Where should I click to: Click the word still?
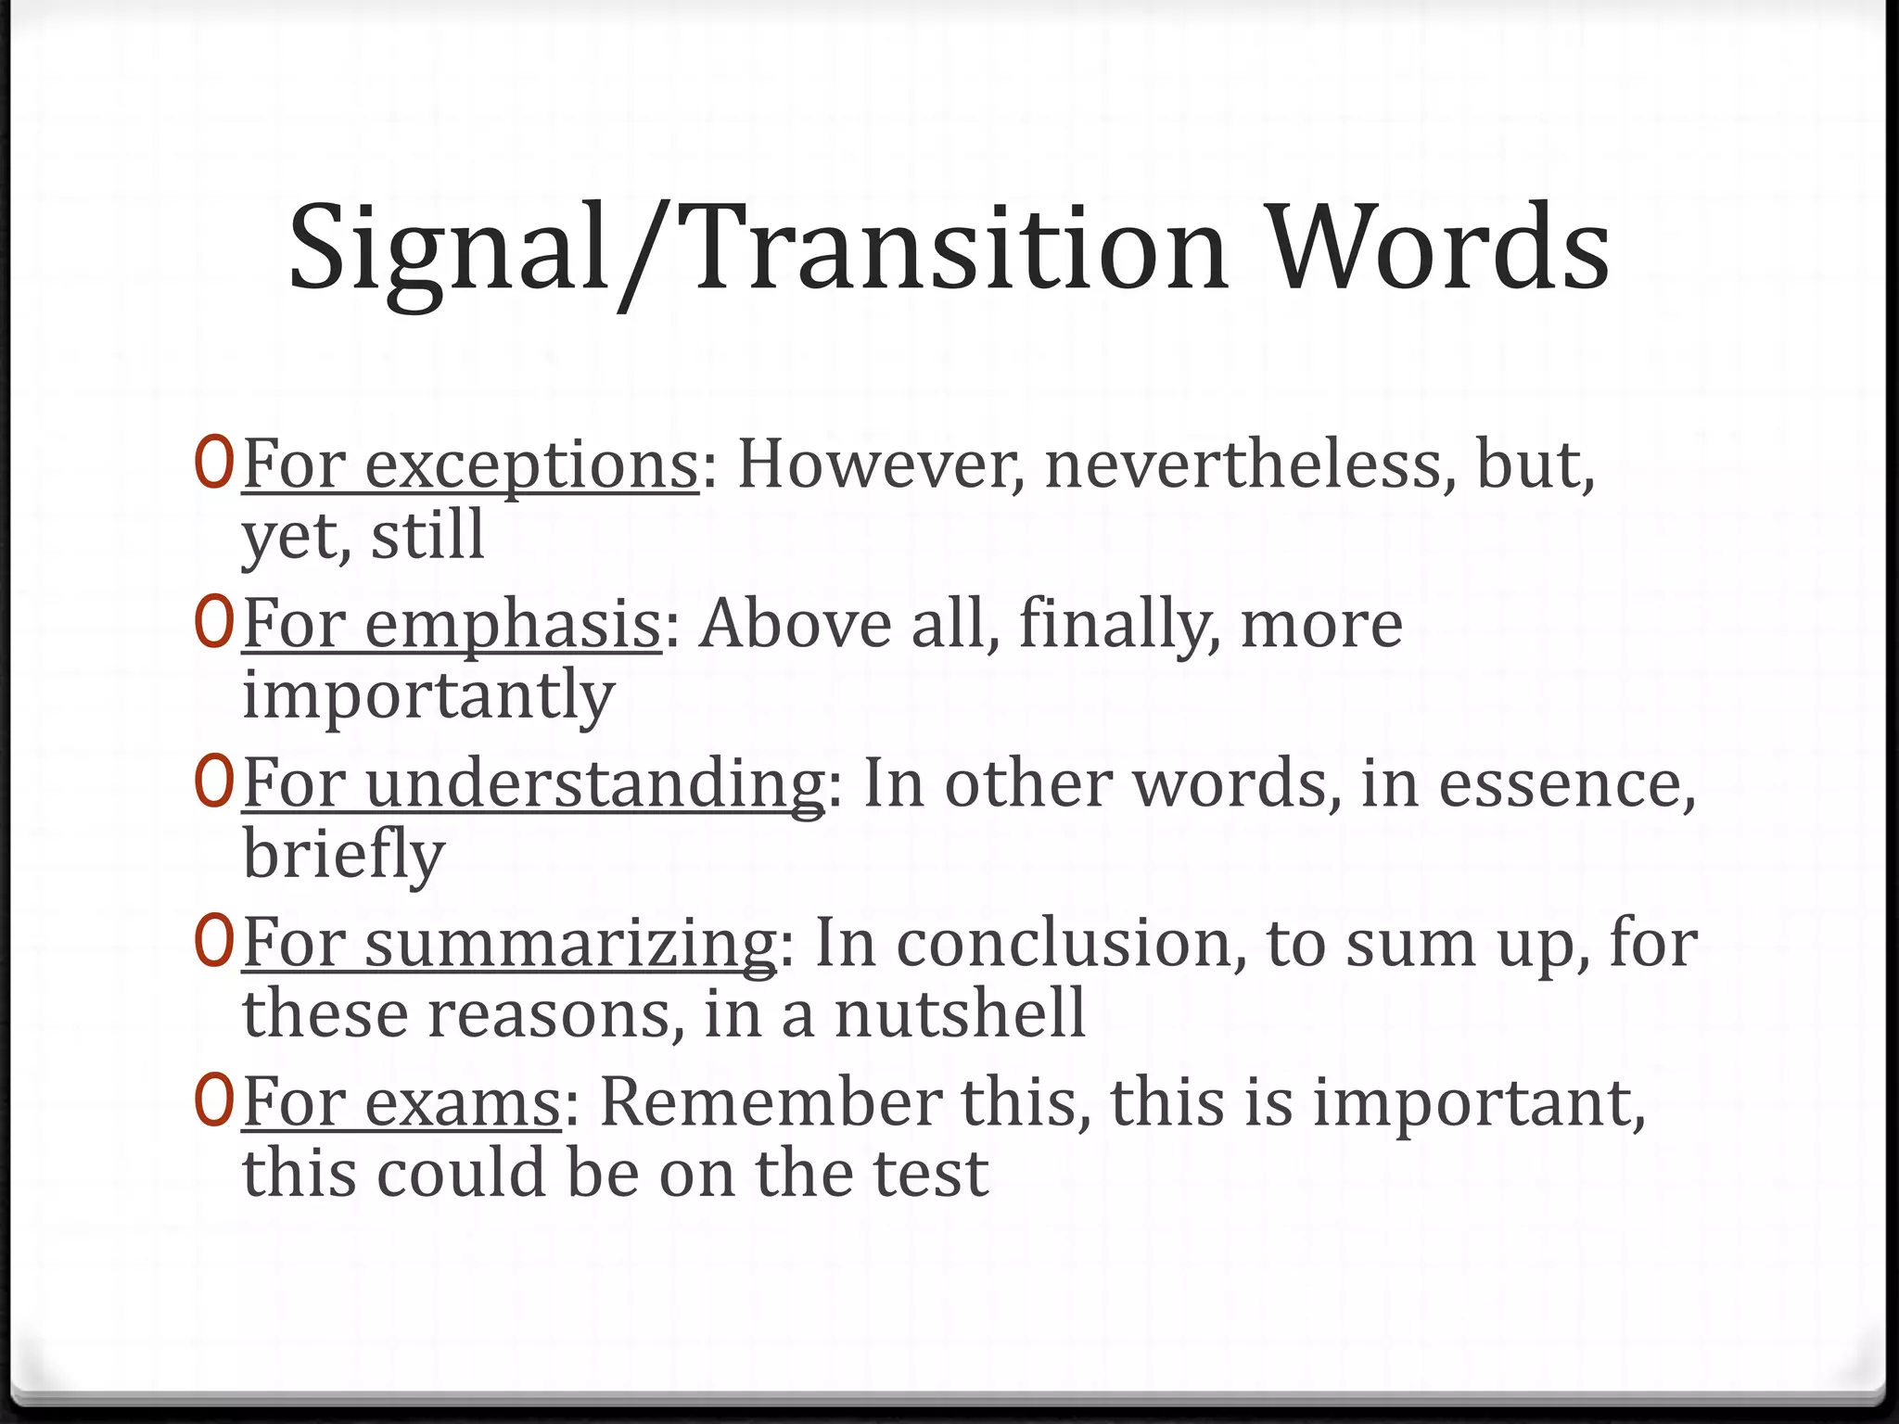pyautogui.click(x=427, y=535)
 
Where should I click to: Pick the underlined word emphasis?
pyautogui.click(x=512, y=624)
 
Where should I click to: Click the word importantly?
pyautogui.click(x=428, y=695)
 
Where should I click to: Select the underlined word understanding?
pyautogui.click(x=594, y=784)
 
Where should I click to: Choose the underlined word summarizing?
pyautogui.click(x=570, y=944)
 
